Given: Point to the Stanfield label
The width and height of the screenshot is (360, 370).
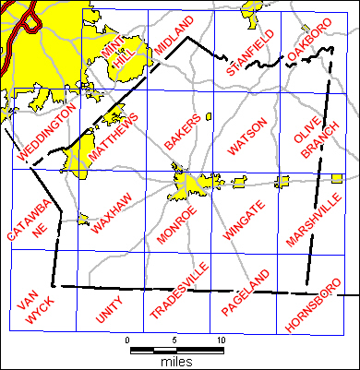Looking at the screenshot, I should click(250, 54).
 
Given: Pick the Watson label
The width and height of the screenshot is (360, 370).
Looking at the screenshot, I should click(246, 136).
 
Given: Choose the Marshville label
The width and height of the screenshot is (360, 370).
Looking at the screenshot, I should click(313, 217).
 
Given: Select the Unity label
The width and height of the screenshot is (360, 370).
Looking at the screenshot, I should click(108, 311).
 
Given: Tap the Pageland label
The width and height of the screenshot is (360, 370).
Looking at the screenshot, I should click(248, 293).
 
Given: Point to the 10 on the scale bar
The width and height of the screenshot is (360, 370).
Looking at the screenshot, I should click(220, 340).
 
